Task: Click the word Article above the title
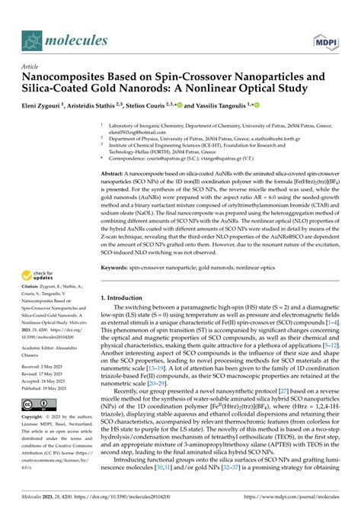coord(34,66)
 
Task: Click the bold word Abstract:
coord(114,174)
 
